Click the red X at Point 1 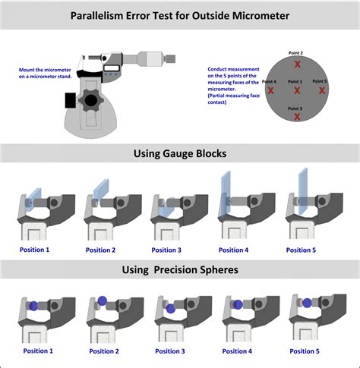(297, 90)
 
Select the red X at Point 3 (297, 118)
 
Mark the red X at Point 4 (271, 90)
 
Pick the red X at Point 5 (322, 90)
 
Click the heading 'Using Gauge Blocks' (180, 153)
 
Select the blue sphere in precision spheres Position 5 (306, 304)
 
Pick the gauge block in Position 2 (101, 190)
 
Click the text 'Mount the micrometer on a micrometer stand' (44, 73)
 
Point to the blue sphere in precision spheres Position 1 (33, 306)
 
